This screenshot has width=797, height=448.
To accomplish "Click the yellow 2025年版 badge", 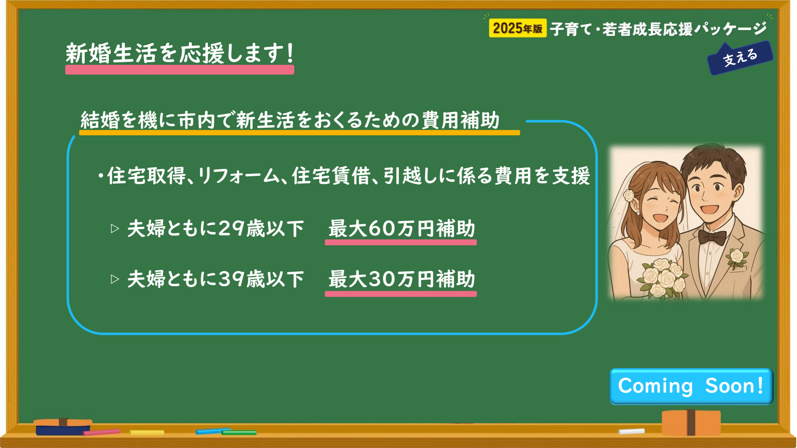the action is tap(518, 28).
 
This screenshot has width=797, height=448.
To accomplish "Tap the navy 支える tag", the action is tap(740, 58).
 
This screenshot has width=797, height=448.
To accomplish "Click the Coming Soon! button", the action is tap(691, 386).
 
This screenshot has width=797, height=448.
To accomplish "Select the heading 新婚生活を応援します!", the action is tap(180, 54).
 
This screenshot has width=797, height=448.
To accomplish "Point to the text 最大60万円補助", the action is tap(401, 229).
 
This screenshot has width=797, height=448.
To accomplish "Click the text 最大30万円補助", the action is tap(401, 279).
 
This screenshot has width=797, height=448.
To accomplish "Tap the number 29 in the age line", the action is tap(231, 229).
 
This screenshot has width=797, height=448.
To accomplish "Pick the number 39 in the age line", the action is tap(231, 279).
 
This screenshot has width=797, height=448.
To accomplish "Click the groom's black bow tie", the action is tap(712, 237).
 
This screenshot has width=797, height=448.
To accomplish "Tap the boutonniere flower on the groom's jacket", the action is tap(737, 257).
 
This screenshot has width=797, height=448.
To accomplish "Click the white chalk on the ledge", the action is tap(631, 431).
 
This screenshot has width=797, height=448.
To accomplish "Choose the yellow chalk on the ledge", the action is tap(147, 433).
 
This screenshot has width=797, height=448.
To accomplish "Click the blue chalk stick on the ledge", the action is tap(213, 431).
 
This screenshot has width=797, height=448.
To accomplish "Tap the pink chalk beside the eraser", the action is tap(102, 432).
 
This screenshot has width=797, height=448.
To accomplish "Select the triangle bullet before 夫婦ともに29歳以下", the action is tap(115, 229).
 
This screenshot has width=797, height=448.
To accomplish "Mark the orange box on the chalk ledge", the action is tap(691, 422).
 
